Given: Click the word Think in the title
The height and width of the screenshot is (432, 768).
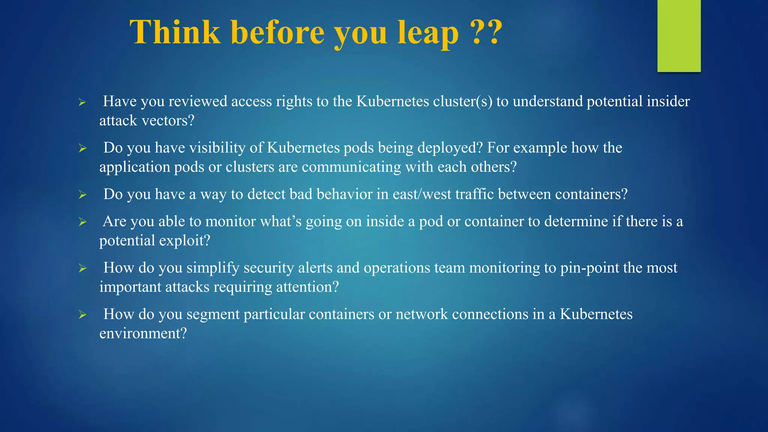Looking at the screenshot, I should (175, 32).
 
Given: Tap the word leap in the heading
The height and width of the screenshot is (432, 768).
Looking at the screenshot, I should (427, 33).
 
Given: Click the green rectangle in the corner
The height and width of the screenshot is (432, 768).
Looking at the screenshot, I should (679, 36).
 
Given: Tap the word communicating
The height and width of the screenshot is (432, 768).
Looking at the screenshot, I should (351, 167).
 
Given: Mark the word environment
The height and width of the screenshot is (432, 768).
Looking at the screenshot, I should (143, 333).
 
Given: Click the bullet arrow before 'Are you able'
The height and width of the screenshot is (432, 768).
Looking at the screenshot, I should (82, 222).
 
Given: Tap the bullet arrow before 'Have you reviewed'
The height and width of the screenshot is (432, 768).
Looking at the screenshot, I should (82, 102).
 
